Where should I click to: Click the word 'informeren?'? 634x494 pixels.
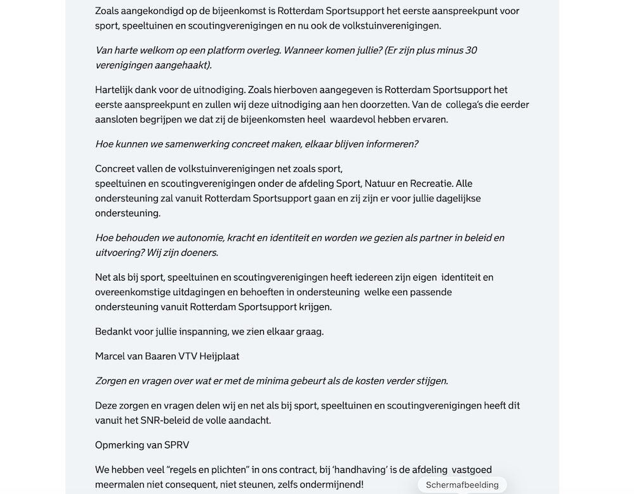(x=390, y=144)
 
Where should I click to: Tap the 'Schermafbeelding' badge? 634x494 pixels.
(x=462, y=485)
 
